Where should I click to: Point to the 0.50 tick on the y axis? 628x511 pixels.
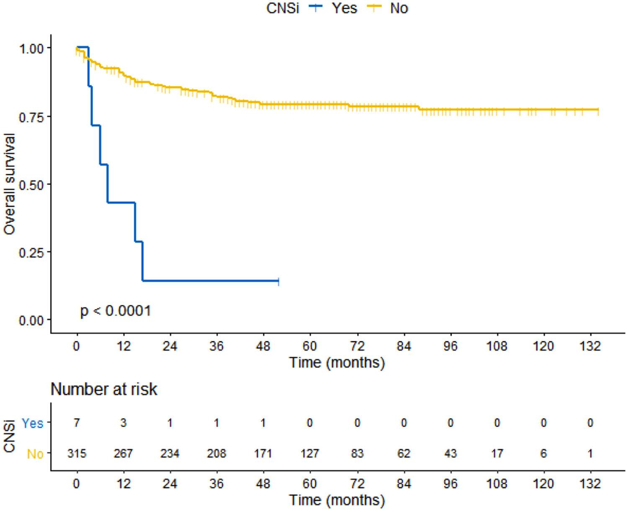pos(31,184)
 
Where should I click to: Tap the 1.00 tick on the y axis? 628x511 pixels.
pos(31,48)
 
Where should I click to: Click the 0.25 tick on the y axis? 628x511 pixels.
pos(31,252)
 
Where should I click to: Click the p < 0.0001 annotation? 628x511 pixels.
pos(116,311)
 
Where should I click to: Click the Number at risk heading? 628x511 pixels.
pos(104,390)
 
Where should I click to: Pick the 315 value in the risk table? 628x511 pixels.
pos(77,454)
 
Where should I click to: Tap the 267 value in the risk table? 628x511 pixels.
pos(123,454)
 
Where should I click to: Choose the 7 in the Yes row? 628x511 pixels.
pos(77,423)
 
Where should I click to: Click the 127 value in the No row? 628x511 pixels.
pos(310,454)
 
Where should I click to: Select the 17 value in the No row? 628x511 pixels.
pos(497,454)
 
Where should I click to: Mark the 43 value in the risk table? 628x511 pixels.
pos(450,454)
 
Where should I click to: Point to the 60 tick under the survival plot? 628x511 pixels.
pos(310,346)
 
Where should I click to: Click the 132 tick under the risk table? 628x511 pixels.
pos(590,484)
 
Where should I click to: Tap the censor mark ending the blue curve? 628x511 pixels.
pos(278,281)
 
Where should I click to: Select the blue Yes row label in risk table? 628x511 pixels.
pos(33,423)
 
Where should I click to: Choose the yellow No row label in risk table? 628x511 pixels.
pos(35,454)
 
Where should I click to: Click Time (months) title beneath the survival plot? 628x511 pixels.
pos(337,362)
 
